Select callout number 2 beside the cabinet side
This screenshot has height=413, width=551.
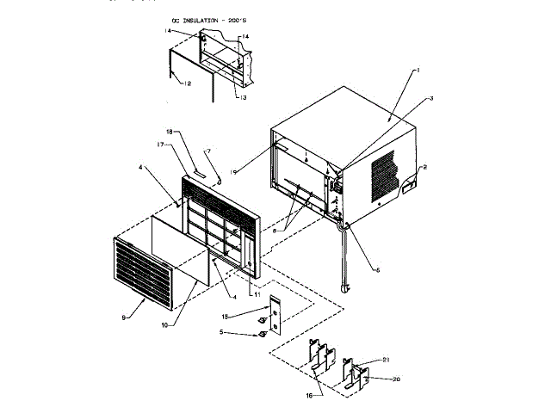pos(430,100)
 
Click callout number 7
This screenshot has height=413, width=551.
pos(207,151)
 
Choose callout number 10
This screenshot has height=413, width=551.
pos(164,325)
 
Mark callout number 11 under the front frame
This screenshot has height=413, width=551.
pos(255,294)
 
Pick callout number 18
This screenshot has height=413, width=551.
pos(170,132)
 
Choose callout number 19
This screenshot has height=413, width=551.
pos(233,172)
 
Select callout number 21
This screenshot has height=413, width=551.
pos(387,359)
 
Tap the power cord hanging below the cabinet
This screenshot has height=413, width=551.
pos(344,258)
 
